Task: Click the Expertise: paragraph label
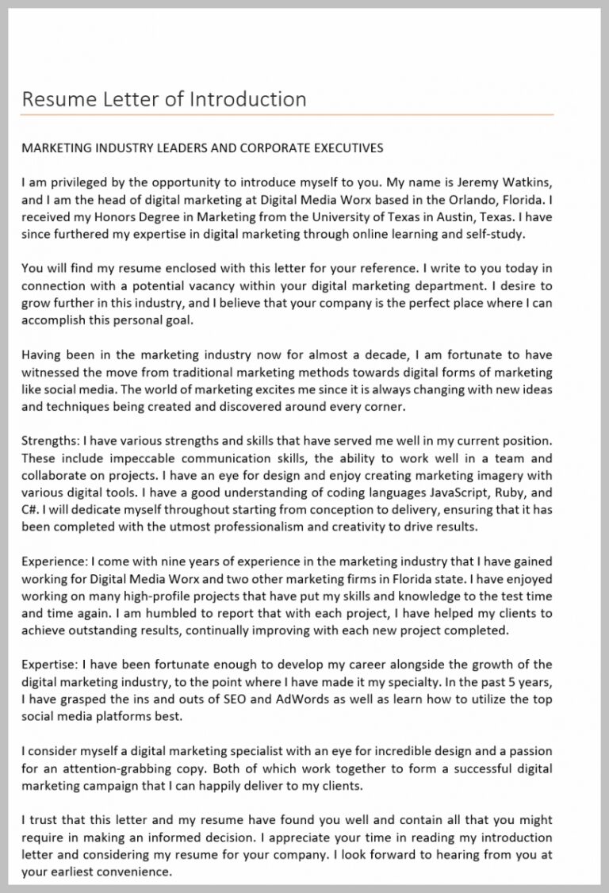click(49, 664)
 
